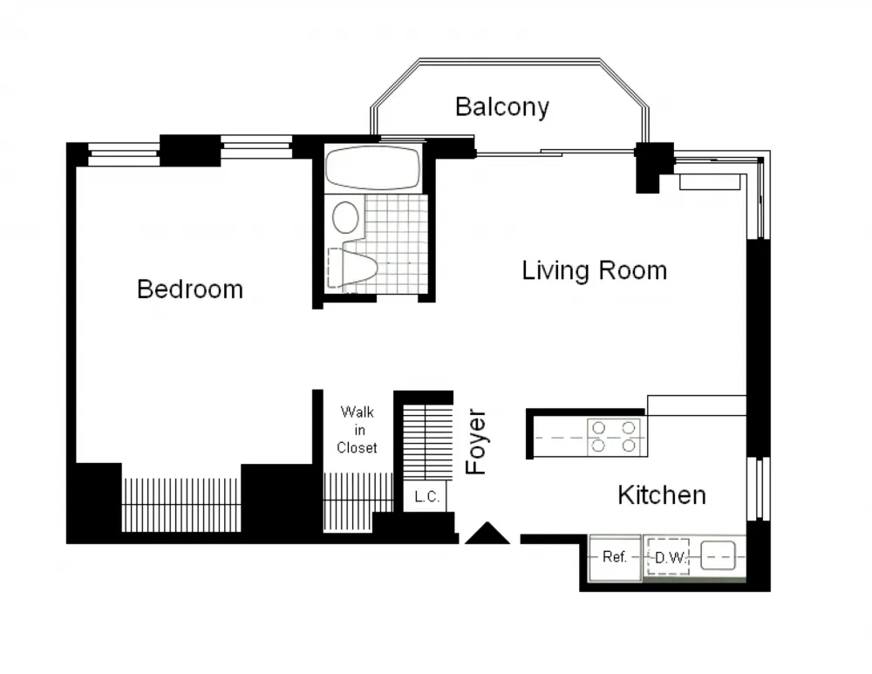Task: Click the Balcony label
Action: (x=502, y=107)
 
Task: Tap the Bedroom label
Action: (x=190, y=289)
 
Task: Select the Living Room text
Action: (x=594, y=270)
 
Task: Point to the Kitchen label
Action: (x=661, y=495)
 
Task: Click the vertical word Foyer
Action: (x=476, y=442)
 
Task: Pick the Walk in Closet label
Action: (x=358, y=430)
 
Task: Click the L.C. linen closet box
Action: (x=427, y=498)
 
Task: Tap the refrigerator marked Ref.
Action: (x=614, y=556)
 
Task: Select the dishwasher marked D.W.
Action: (x=667, y=556)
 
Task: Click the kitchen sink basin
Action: (x=720, y=555)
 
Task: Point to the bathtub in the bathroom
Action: (x=371, y=167)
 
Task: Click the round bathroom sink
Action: (x=346, y=217)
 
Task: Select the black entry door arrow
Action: (x=487, y=534)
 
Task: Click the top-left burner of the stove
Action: (x=599, y=427)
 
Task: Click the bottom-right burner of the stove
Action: (x=628, y=446)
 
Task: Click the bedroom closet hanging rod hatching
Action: (x=181, y=503)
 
